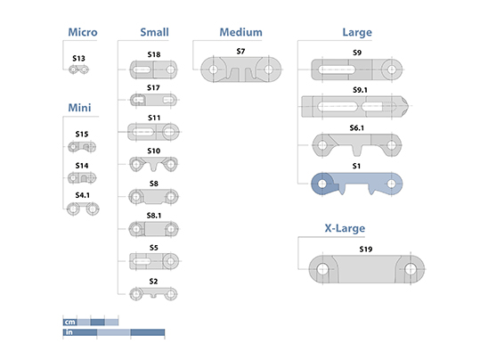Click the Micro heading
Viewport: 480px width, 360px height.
pos(83,32)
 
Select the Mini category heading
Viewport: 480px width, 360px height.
pos(79,108)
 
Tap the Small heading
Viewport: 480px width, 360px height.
pos(154,32)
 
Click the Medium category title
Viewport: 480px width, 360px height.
pos(241,32)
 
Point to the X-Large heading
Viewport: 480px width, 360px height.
pos(345,228)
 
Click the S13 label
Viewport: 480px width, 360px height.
pos(78,58)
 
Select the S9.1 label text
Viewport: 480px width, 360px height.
pos(360,90)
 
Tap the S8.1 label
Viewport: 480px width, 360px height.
pos(154,216)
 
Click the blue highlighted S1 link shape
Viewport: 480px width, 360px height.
pos(356,184)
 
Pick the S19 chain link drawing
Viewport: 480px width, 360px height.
pos(366,269)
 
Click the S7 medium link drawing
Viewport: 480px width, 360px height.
pos(241,70)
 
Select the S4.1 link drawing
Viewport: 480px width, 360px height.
pos(83,209)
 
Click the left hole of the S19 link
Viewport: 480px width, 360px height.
pos(322,269)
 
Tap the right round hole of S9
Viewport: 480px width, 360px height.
pos(392,70)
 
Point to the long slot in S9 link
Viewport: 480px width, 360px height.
pos(337,70)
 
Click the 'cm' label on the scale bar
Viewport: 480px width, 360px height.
pos(69,322)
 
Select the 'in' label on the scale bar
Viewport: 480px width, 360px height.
pos(69,332)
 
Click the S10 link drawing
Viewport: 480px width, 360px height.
pos(153,165)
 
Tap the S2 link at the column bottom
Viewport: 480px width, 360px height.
pos(153,294)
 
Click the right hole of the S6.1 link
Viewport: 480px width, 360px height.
pos(392,145)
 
